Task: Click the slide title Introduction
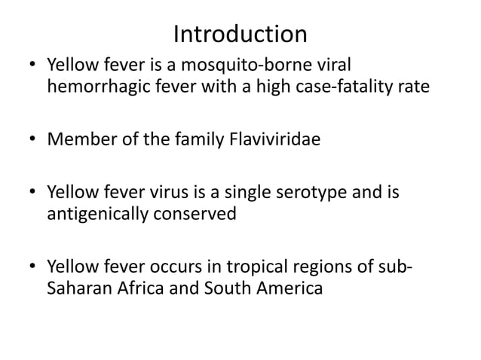point(240,34)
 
